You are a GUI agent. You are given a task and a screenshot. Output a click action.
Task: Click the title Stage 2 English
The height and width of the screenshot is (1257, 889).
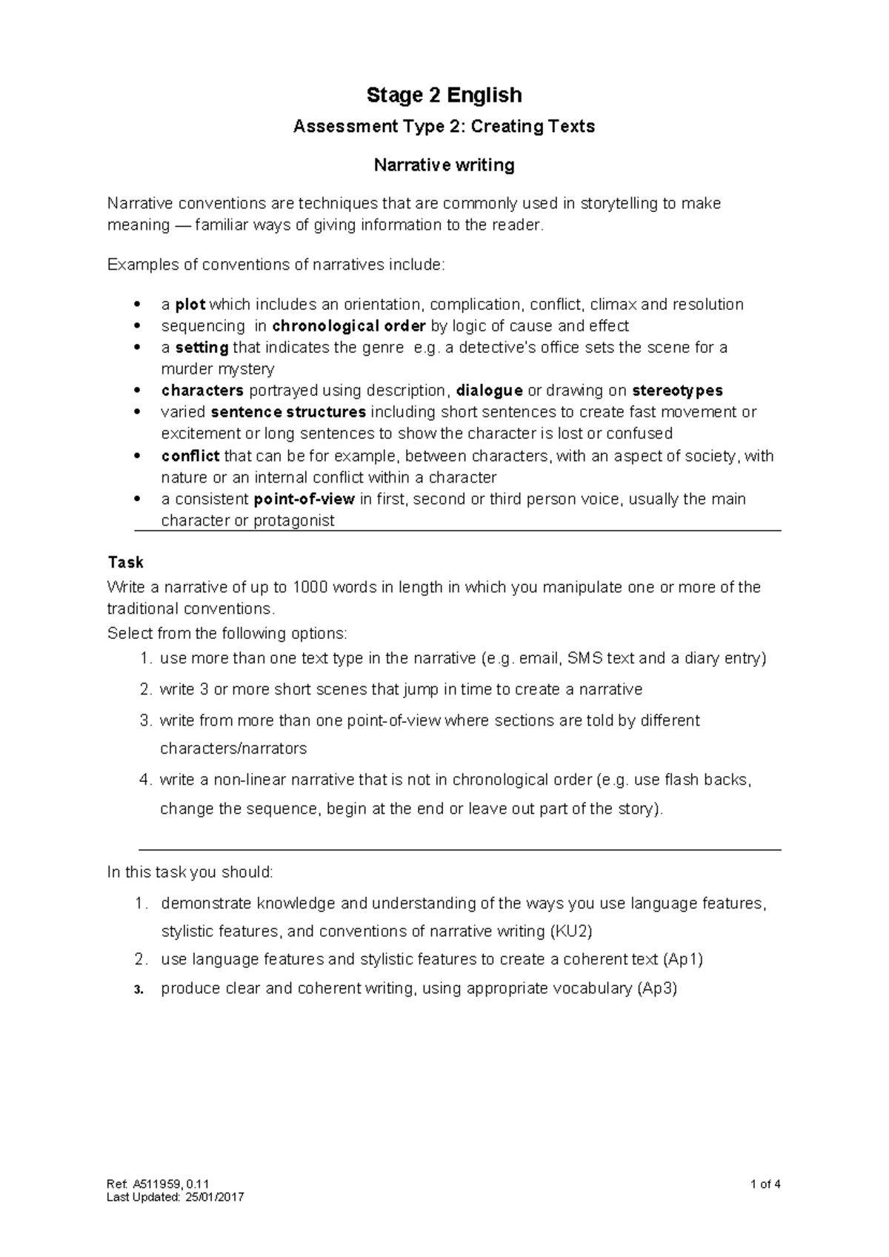(444, 95)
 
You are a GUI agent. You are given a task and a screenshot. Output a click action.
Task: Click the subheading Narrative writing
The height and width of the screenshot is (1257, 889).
(444, 165)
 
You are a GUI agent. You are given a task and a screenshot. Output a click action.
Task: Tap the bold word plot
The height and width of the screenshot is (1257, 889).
(190, 305)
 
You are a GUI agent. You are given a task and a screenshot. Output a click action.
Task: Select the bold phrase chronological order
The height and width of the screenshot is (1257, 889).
(349, 326)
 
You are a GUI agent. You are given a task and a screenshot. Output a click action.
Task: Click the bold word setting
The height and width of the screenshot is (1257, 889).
(202, 348)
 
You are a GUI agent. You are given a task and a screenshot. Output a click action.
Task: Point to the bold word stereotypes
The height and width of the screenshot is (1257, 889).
(676, 391)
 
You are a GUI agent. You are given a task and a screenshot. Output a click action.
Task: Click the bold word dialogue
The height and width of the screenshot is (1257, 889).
(490, 391)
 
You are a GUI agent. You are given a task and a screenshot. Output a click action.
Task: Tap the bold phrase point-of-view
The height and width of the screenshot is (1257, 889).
(304, 499)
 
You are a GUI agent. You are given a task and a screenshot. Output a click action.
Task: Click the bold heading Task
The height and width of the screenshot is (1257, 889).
(125, 562)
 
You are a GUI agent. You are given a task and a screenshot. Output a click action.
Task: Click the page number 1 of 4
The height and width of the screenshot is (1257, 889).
(765, 1184)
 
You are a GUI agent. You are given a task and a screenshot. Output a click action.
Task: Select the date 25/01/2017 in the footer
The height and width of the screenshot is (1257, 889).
(214, 1197)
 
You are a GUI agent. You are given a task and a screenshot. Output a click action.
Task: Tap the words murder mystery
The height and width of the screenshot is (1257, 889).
(217, 369)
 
